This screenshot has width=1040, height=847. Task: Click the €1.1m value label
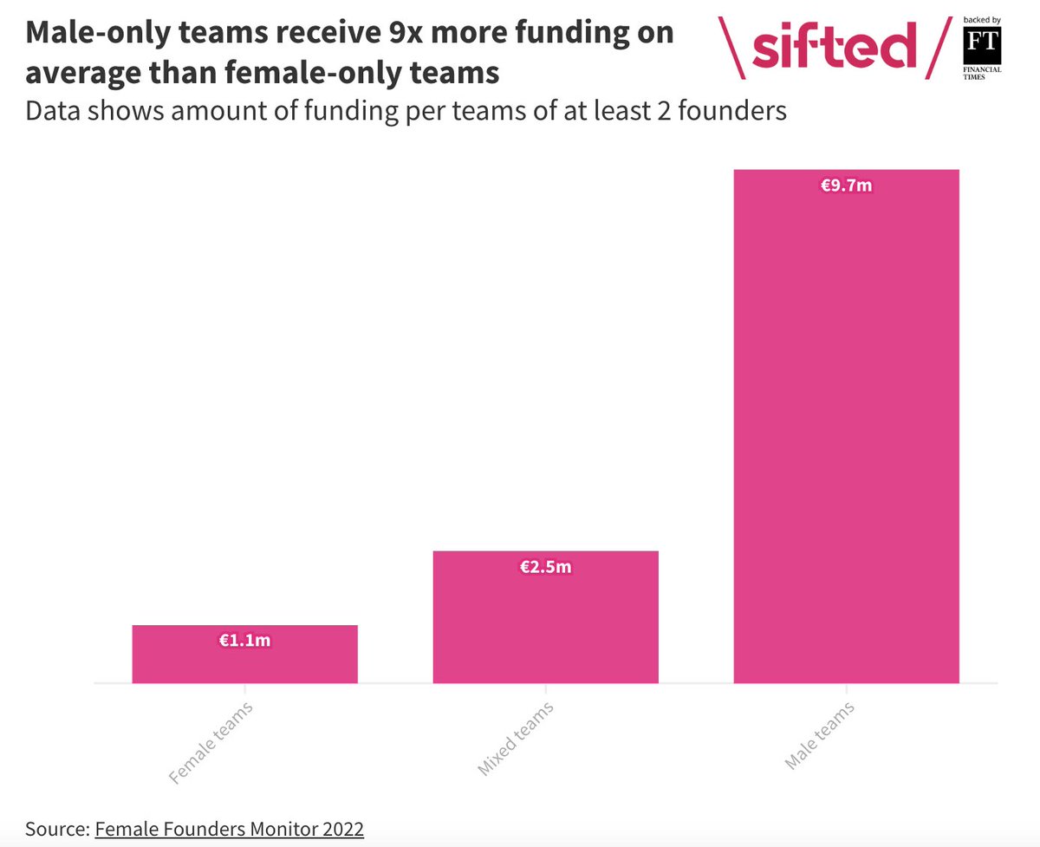coord(244,641)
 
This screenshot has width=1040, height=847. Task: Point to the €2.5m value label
coord(545,567)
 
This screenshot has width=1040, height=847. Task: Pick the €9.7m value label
coord(846,185)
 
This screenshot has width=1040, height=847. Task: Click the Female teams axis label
coord(211,742)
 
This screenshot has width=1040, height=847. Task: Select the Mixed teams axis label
coord(515,739)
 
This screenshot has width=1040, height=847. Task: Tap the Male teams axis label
coord(819,736)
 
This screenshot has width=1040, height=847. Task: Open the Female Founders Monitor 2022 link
coord(229,828)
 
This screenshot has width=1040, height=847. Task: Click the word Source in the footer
coord(55,828)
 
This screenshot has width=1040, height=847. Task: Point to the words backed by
coord(982,19)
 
